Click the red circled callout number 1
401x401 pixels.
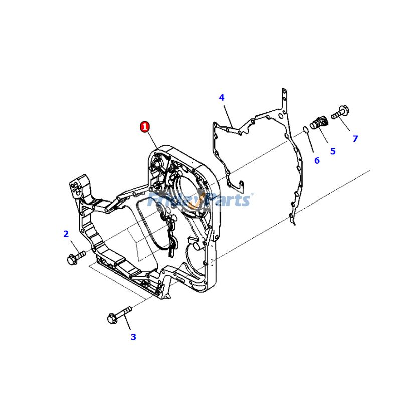pos(145,127)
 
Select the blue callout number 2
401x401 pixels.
pos(66,233)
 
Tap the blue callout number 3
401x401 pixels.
pos(133,337)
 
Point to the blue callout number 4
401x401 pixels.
pos(221,97)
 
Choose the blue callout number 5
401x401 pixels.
pos(333,151)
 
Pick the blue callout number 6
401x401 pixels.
pos(317,160)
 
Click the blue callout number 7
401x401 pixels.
pos(355,139)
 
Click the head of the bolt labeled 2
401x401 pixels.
pos(71,259)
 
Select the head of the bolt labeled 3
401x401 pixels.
pos(112,318)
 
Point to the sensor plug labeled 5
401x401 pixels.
pos(318,122)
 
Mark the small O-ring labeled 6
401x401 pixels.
pos(305,131)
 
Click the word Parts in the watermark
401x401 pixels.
pos(228,200)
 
